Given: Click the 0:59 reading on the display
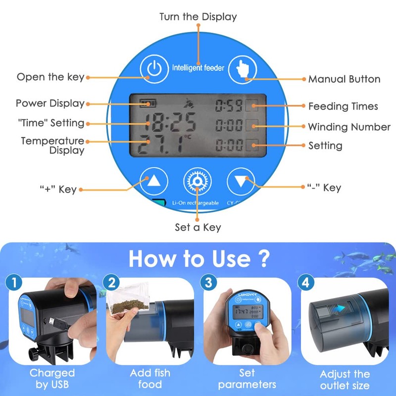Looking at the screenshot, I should pos(229,105).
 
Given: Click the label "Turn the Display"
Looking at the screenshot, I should pos(198,17).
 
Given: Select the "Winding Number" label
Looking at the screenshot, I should pos(349,127).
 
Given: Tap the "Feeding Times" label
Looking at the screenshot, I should pos(343,106).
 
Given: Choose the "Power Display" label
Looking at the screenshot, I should pos(50,103).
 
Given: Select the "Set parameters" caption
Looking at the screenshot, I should pos(247,379).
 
